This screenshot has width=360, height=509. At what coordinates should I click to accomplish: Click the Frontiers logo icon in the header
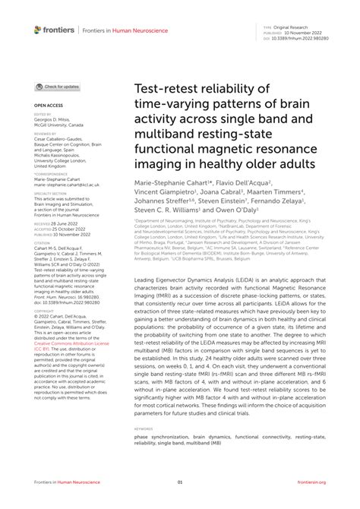(x=39, y=30)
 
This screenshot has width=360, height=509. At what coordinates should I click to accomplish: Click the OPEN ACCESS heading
(x=47, y=105)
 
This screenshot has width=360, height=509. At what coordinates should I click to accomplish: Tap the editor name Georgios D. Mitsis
(x=54, y=119)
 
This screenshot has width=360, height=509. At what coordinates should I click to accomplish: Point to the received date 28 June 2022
(x=65, y=225)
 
